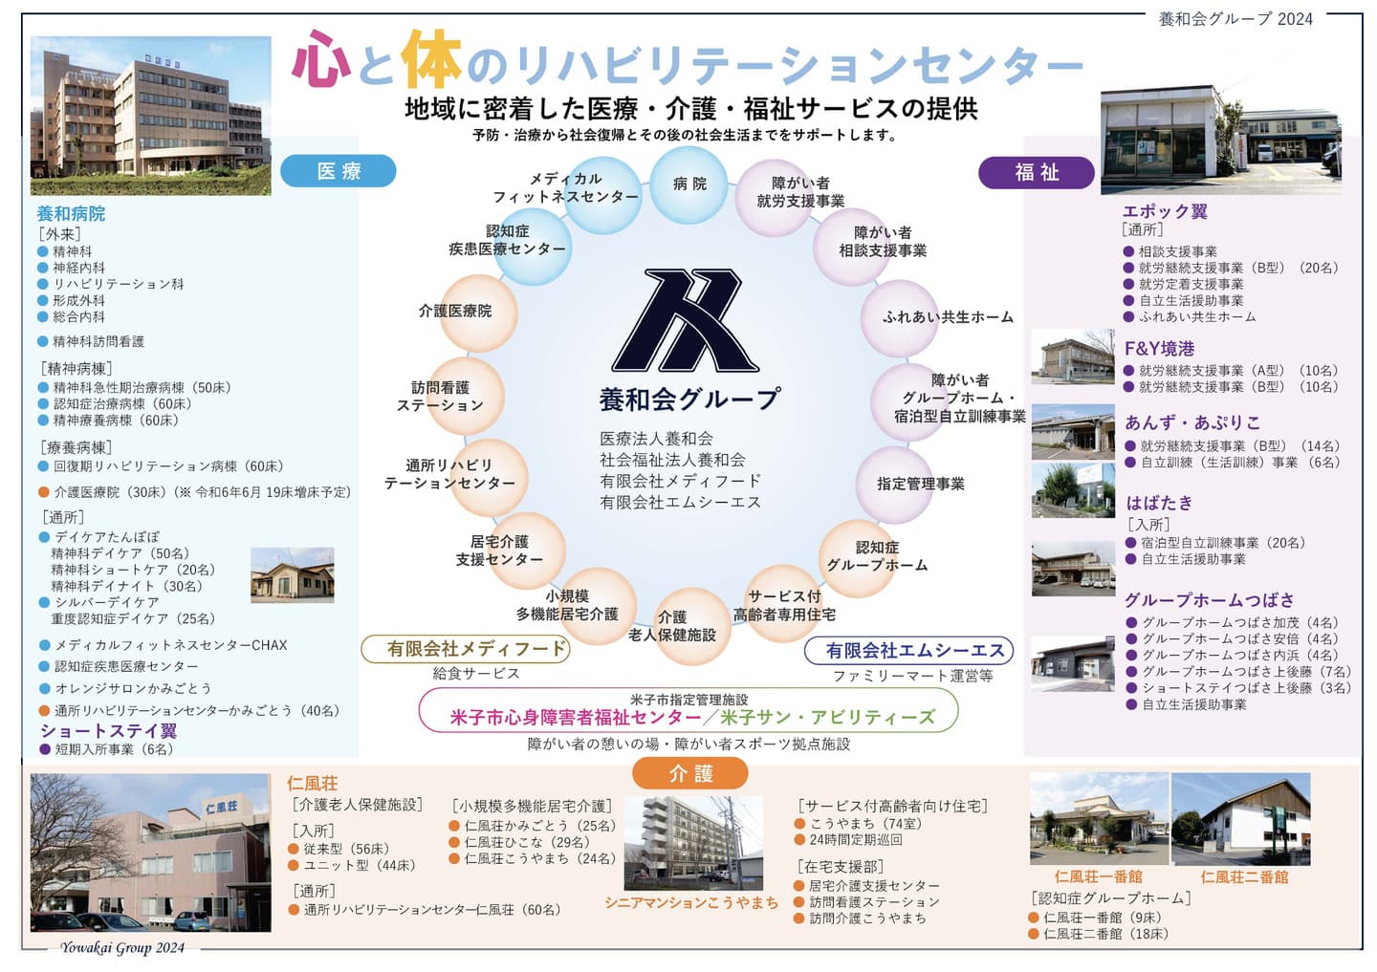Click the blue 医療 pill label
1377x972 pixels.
click(339, 171)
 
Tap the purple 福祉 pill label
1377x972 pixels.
click(1037, 172)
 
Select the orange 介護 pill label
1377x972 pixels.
click(689, 773)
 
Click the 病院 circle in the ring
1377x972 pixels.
click(688, 184)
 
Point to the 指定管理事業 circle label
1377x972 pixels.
click(920, 484)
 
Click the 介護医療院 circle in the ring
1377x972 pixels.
click(456, 311)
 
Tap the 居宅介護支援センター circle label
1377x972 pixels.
click(499, 551)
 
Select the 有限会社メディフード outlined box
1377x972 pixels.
click(465, 649)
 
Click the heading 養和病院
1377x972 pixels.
click(71, 214)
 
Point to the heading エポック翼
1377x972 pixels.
click(1165, 211)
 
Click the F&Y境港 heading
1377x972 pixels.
click(1159, 349)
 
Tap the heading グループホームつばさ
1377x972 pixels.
click(1209, 600)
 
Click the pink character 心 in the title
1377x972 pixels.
click(322, 59)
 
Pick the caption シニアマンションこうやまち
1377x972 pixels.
click(690, 902)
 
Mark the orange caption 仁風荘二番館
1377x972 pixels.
click(1244, 876)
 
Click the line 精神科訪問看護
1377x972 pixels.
click(98, 341)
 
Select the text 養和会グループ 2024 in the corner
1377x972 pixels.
click(1235, 19)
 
